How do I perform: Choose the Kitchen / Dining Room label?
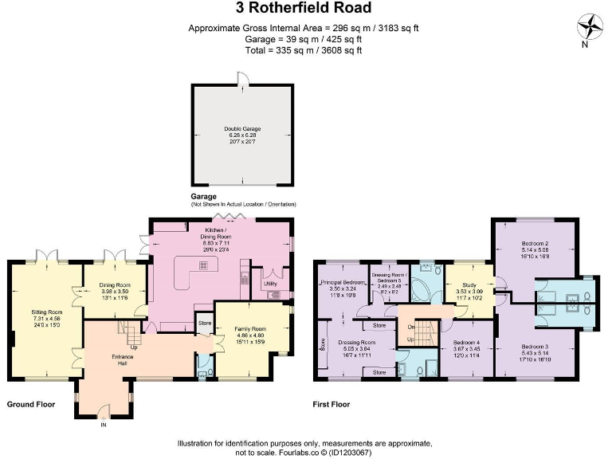pyautogui.click(x=217, y=236)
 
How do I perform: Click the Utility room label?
pyautogui.click(x=270, y=283)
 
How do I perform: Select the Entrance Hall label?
pyautogui.click(x=124, y=362)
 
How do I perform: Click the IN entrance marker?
pyautogui.click(x=103, y=425)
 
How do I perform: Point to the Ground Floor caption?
pyautogui.click(x=30, y=405)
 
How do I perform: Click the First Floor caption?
pyautogui.click(x=331, y=405)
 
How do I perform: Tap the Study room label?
pyautogui.click(x=463, y=284)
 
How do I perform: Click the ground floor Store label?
pyautogui.click(x=204, y=324)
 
